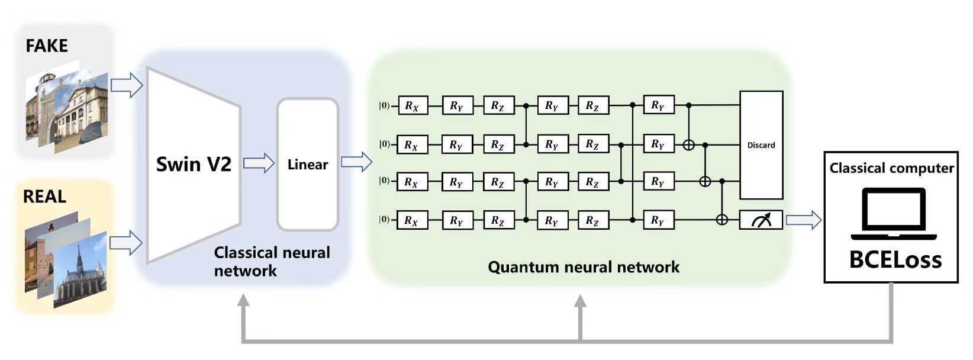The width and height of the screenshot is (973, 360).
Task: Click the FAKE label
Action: click(47, 46)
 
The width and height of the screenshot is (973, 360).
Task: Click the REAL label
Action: click(45, 197)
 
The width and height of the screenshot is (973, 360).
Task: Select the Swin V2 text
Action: click(194, 165)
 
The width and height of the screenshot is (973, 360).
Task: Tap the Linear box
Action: click(308, 165)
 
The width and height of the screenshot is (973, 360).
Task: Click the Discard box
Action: click(762, 145)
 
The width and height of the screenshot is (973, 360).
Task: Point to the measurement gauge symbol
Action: click(761, 220)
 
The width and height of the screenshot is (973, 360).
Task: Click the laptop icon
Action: click(894, 214)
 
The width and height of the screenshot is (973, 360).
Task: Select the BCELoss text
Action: click(895, 259)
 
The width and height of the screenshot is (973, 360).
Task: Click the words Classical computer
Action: click(891, 168)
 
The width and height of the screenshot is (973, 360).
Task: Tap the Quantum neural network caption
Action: click(584, 267)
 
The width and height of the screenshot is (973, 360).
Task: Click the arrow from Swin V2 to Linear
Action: click(259, 163)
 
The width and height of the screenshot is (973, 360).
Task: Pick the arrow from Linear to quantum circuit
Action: click(357, 162)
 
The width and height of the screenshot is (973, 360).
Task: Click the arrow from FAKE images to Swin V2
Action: click(127, 85)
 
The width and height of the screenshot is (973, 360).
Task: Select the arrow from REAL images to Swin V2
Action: click(126, 243)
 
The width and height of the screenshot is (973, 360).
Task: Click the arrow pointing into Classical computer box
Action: click(804, 220)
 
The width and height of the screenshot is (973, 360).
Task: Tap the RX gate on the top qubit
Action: click(412, 105)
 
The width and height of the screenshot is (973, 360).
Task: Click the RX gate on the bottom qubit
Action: click(412, 220)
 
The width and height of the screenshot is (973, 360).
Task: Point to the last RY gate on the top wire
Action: click(659, 105)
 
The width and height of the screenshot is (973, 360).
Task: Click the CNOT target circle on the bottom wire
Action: click(722, 220)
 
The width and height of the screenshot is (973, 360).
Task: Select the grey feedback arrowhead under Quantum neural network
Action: click(580, 301)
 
